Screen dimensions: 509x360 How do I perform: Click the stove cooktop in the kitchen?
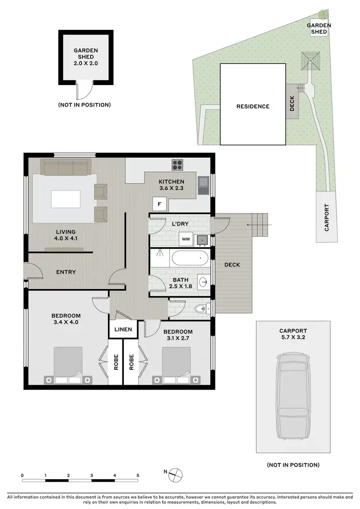coord(178,165)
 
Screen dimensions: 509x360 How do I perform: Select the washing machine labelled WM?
coord(185,239)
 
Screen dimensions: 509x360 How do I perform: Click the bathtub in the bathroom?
coord(190,258)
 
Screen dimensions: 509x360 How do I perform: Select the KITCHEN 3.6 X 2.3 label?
coord(171,185)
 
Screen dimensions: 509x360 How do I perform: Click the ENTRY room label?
coord(66,272)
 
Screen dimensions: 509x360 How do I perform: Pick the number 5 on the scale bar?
coord(138,475)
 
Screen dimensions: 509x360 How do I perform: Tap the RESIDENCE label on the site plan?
coord(253,107)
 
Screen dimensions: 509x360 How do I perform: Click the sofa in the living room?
coord(65,167)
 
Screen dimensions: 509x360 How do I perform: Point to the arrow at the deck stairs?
coord(259,224)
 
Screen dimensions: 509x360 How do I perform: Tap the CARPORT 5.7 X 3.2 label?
coord(293,334)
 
